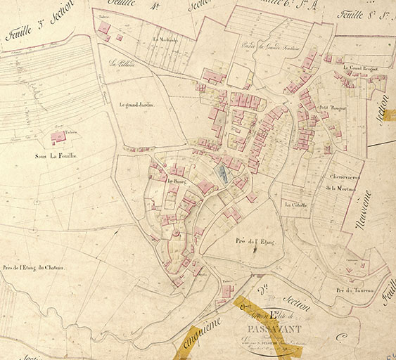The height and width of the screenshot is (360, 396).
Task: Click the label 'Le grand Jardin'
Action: click(x=134, y=105)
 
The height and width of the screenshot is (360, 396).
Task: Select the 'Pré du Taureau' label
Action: click(x=354, y=290)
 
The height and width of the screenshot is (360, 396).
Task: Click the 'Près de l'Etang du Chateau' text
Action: click(x=33, y=267)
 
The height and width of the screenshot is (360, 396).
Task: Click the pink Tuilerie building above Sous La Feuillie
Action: click(x=58, y=136)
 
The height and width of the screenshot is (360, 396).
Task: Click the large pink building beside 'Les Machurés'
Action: click(x=104, y=27)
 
